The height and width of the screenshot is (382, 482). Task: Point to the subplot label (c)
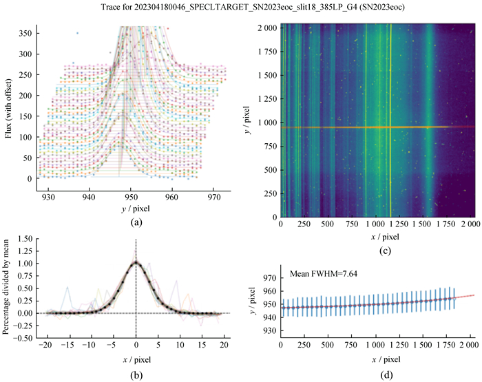point(376,251)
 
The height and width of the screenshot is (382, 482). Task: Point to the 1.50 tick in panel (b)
point(23,238)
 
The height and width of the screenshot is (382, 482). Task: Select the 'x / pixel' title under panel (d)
point(376,360)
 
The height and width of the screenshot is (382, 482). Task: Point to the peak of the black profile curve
point(136,262)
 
